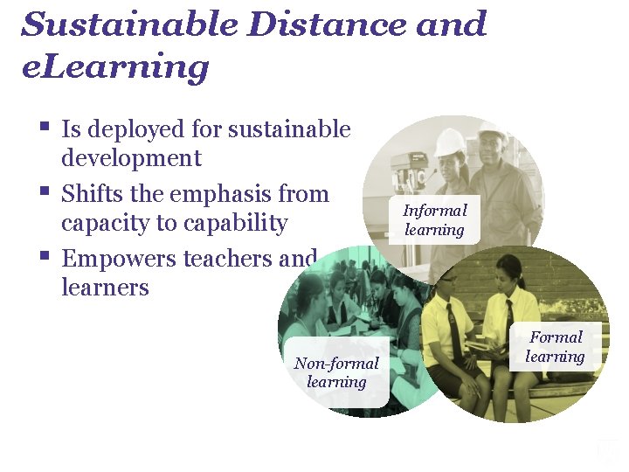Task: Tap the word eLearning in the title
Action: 114,66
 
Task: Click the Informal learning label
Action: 434,219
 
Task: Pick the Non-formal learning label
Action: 336,372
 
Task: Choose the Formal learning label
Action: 555,346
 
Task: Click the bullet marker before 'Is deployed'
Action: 45,128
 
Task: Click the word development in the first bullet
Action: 131,158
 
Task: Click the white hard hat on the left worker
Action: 450,141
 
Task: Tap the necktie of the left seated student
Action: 454,327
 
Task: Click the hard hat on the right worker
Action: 494,128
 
